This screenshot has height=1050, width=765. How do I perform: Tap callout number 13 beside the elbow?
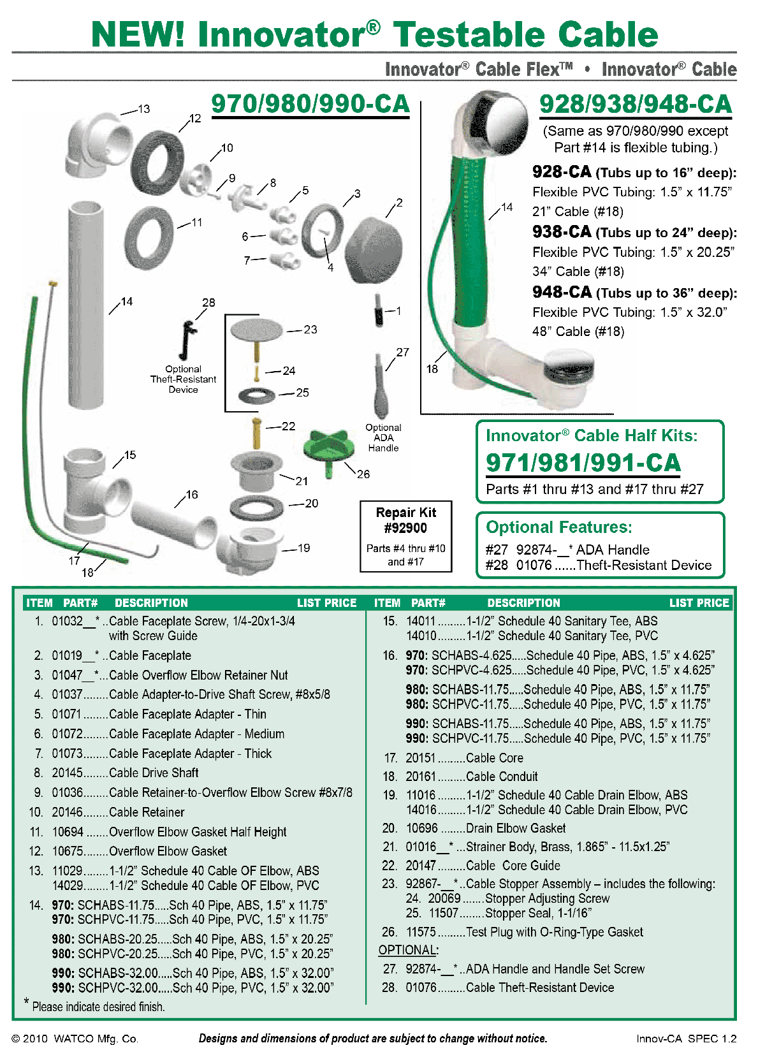pos(144,109)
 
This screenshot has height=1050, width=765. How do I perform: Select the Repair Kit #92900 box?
pos(405,536)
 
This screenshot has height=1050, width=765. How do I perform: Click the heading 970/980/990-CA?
pos(310,104)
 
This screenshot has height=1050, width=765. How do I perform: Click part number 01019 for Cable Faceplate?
pos(68,655)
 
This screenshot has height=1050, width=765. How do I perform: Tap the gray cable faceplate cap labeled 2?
pos(374,251)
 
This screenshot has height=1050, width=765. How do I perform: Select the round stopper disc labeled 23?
pos(256,330)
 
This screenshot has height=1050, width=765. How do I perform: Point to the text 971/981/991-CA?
pos(583,463)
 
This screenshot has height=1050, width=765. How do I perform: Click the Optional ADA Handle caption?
pos(383,438)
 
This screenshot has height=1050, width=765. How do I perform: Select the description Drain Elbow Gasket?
pos(516,828)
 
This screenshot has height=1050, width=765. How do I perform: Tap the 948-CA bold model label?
pos(562,292)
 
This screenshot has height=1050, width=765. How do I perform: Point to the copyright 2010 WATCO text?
pos(75,1039)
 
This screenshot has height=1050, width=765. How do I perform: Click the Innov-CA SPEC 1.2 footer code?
pos(686,1039)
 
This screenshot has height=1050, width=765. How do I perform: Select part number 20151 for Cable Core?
pos(420,758)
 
